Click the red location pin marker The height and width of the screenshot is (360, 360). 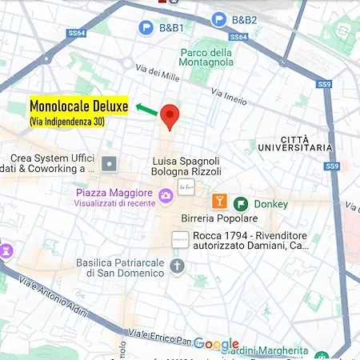point(169,117)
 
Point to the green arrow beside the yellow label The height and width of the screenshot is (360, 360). point(146,107)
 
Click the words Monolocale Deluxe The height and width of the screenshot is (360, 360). point(78,106)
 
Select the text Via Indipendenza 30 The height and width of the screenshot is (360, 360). point(66,122)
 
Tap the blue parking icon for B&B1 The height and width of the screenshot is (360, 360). point(146,28)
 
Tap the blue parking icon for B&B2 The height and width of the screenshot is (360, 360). point(218,20)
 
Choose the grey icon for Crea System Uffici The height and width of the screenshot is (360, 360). point(109,164)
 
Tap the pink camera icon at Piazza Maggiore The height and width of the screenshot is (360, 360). point(166,194)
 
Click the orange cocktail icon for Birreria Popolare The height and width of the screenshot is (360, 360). point(218,201)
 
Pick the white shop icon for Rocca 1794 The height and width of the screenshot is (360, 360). point(180,238)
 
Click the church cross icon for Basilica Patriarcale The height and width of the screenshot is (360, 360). point(177,266)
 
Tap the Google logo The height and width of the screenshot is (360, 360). point(215,345)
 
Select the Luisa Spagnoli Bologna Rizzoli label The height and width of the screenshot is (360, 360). point(186,166)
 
